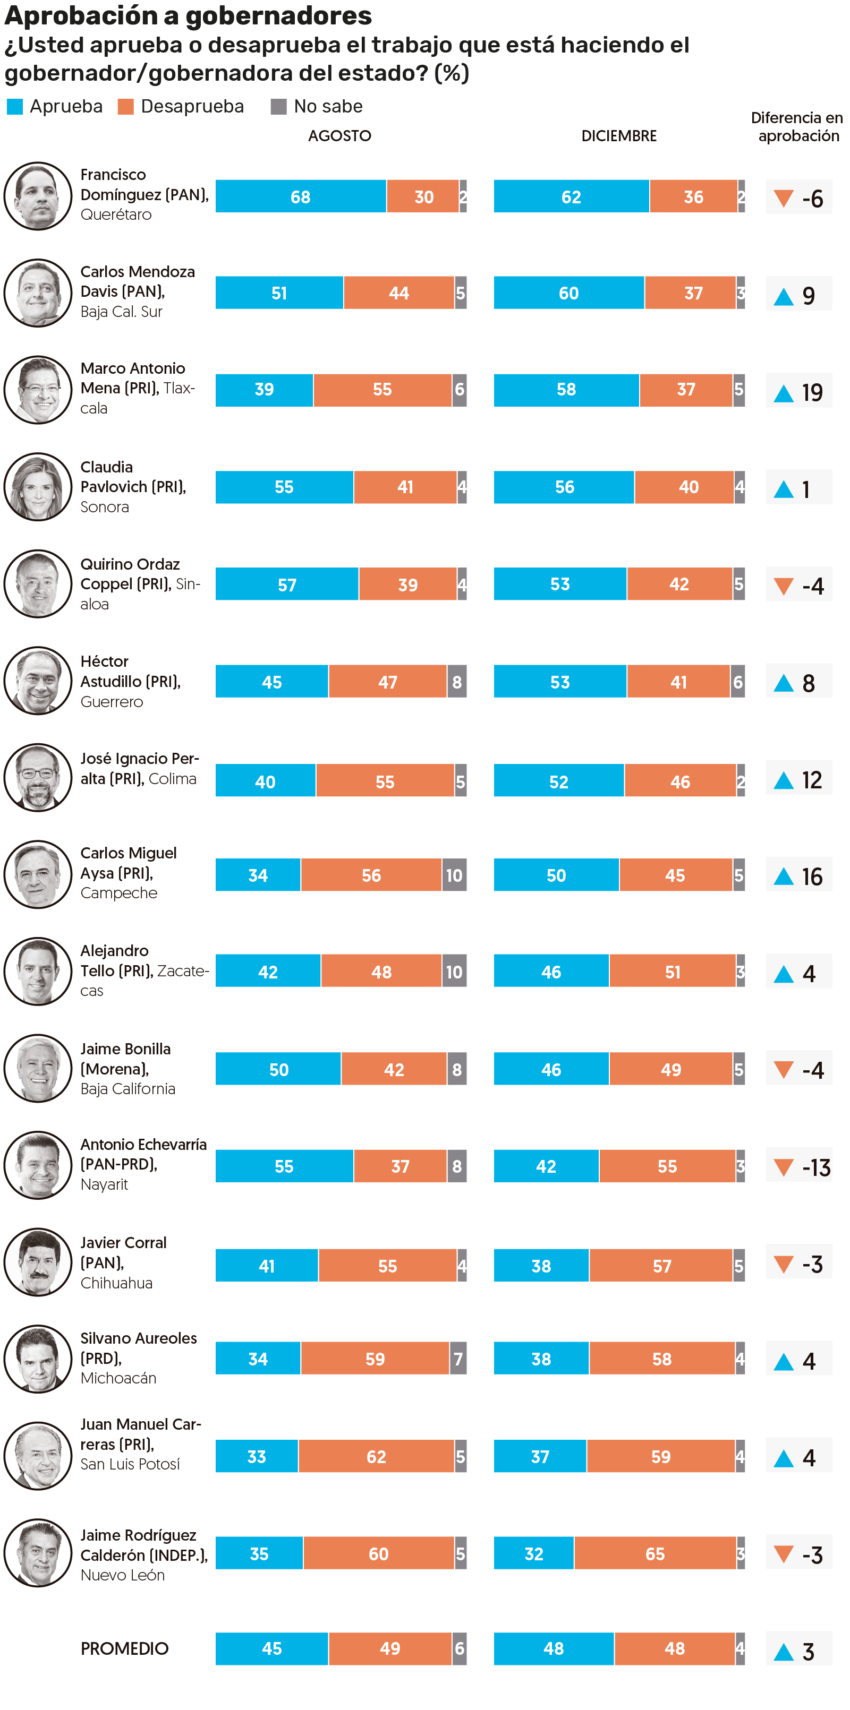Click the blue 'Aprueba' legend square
pos(15,107)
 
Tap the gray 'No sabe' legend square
pos(278,107)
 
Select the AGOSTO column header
pos(339,136)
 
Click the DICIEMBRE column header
pos(618,136)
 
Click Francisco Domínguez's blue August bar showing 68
pos(300,196)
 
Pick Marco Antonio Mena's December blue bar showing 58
pos(566,390)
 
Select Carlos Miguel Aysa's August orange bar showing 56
pos(371,875)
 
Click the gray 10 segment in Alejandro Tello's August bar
pos(454,972)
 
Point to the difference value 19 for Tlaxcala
pos(812,392)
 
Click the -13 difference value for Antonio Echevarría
pos(816,1167)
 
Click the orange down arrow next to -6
pos(784,198)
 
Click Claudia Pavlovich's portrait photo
pos(38,487)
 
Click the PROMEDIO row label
pos(124,1648)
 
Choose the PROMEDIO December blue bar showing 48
pos(553,1648)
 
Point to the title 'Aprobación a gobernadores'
pos(188,16)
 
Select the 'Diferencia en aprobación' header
pos(797,127)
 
